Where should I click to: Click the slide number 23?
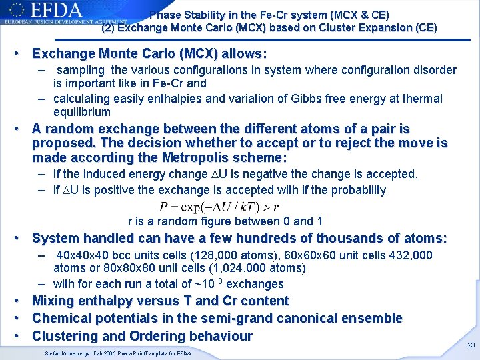pos(471,345)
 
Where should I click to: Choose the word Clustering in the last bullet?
pos(65,336)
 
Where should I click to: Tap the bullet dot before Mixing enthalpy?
pos(23,301)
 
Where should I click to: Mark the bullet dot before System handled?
pos(23,238)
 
